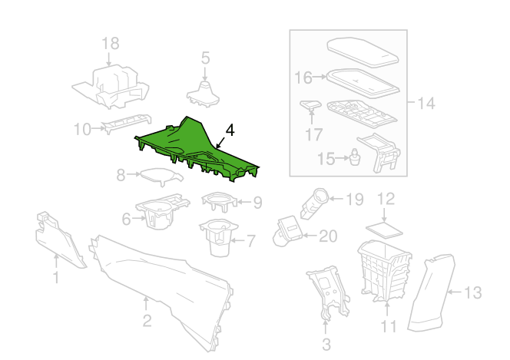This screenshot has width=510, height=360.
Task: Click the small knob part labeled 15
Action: [x=356, y=159]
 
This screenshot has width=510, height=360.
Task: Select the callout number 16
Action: [x=303, y=77]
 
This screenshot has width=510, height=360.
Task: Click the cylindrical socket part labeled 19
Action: [x=317, y=202]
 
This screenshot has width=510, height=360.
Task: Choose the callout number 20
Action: [x=327, y=236]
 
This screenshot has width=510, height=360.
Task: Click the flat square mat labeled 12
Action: [x=385, y=228]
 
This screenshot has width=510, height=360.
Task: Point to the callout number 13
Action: [x=473, y=292]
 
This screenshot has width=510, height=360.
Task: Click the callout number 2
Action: [x=147, y=320]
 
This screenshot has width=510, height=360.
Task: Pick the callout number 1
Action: [x=55, y=277]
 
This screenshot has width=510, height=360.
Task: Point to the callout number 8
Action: [x=121, y=175]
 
